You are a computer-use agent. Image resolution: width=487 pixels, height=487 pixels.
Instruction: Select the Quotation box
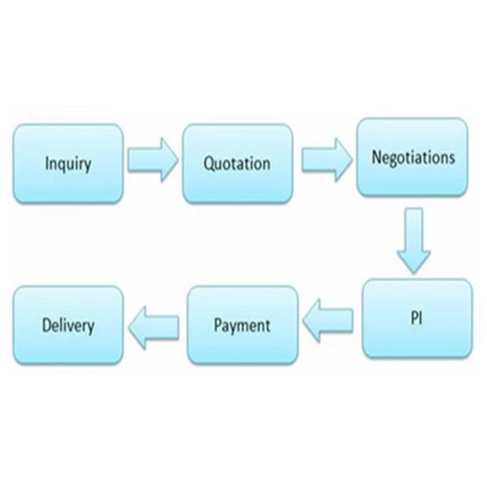click(x=237, y=162)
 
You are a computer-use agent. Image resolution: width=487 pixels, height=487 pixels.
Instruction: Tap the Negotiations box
click(x=412, y=158)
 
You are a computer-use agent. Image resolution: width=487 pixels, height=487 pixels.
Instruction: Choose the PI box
click(x=416, y=318)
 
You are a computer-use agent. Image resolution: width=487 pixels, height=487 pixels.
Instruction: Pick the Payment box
click(x=241, y=325)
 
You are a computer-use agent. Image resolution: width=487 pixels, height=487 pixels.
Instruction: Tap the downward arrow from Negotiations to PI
click(x=414, y=239)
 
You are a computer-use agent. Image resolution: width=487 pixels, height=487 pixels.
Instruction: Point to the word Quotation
click(x=237, y=163)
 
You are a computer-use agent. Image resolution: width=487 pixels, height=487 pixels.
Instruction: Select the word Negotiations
click(x=412, y=157)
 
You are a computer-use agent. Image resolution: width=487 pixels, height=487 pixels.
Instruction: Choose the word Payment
click(x=241, y=326)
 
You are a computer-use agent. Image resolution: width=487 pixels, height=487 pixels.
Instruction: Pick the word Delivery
click(x=68, y=326)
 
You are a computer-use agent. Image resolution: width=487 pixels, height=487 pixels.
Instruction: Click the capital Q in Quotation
click(x=209, y=163)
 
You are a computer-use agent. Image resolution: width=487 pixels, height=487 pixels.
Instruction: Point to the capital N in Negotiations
click(x=377, y=157)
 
